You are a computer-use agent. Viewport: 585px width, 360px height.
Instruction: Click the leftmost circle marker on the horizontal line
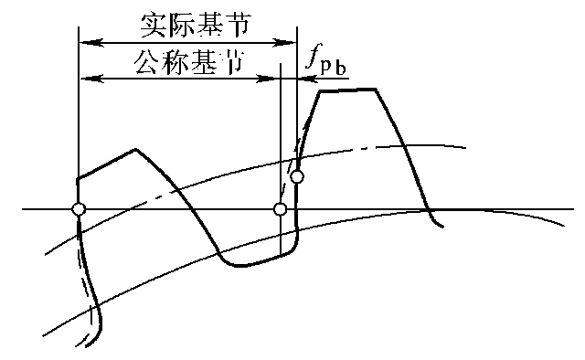pos(79,209)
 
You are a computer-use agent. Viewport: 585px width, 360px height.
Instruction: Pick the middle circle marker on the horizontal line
pos(281,209)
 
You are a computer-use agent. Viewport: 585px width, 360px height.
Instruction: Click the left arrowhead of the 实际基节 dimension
pos(85,42)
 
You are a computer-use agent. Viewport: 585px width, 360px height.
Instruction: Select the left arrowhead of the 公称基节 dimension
pos(85,79)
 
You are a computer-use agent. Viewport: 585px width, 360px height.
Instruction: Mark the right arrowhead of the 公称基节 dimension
pos(273,79)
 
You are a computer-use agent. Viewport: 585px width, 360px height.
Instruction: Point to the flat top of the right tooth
pos(348,90)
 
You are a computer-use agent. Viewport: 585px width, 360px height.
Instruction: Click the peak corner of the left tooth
pos(136,149)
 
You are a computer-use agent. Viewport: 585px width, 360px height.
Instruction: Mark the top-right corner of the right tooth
pos(378,89)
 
